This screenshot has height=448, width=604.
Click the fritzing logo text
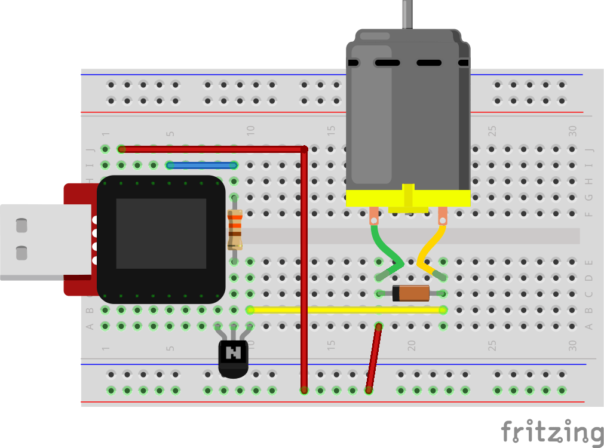point(551,432)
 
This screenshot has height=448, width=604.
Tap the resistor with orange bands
point(234,229)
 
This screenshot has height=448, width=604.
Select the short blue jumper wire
point(202,165)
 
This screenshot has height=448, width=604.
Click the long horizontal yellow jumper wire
point(347,310)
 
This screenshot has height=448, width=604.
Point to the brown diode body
point(411,293)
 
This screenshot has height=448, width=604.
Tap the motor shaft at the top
point(408,14)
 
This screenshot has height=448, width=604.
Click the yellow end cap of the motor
point(408,198)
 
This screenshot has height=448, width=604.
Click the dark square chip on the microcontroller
point(161,234)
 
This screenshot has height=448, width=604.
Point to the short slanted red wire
point(374,358)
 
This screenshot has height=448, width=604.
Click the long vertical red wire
point(304,269)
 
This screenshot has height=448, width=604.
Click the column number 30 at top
point(572,129)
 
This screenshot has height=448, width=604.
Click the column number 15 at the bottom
point(330,345)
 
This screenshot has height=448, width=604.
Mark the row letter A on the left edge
point(90,326)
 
